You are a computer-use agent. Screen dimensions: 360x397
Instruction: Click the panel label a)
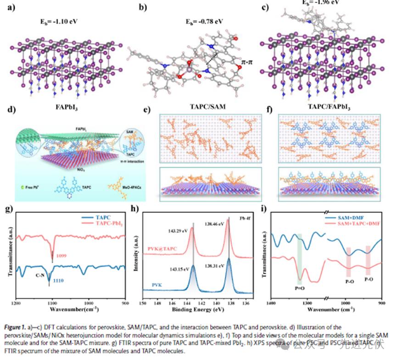11,7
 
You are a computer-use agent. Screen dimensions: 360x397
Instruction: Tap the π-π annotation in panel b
247,61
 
